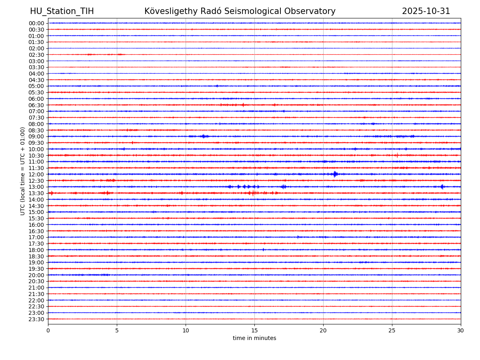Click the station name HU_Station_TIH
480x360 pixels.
pos(62,12)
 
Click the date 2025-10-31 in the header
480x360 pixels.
pos(426,12)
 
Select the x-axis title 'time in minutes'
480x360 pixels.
pos(254,338)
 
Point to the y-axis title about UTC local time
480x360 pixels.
pos(23,171)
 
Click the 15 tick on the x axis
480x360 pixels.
pos(254,331)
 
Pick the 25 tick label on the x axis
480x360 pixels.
pos(392,331)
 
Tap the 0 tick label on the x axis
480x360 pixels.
pos(48,331)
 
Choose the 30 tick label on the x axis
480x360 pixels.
pos(461,331)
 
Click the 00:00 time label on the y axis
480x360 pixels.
pos(36,23)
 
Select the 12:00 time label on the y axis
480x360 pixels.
pos(36,174)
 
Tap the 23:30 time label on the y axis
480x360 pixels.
pos(36,319)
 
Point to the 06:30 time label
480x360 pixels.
pos(36,105)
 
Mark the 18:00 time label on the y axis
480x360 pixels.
pos(36,250)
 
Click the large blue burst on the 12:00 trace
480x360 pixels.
pos(335,174)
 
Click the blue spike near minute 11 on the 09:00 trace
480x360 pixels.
pos(204,136)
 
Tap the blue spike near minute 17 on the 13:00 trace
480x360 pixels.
pos(284,187)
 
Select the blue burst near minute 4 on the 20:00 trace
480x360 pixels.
pos(105,275)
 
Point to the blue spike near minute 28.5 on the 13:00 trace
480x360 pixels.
pos(442,187)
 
